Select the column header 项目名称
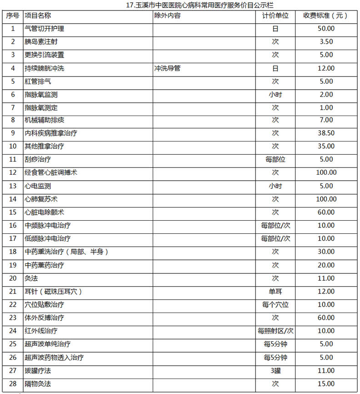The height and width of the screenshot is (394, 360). pos(38,15)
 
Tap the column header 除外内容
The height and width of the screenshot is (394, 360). pos(167,15)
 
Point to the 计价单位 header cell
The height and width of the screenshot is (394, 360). pos(275,15)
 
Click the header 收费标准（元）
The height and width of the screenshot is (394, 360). pos(326,15)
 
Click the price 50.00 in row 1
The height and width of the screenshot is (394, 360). pos(326,29)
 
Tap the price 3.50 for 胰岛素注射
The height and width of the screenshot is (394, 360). pos(326,42)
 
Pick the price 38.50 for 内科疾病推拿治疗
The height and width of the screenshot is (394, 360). pos(326,134)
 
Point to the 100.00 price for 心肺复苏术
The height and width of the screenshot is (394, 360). pos(326,199)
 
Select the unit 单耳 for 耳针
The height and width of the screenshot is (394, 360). pos(275,292)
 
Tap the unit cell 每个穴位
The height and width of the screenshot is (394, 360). pos(275,305)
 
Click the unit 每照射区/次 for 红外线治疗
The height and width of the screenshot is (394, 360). pos(275,331)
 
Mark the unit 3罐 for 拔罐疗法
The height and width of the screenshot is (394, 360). pos(275,371)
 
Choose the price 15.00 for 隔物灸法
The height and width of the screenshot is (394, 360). pos(326,384)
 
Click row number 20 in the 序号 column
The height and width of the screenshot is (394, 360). pos(13,278)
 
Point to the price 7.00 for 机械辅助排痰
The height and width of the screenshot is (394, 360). pos(326,121)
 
